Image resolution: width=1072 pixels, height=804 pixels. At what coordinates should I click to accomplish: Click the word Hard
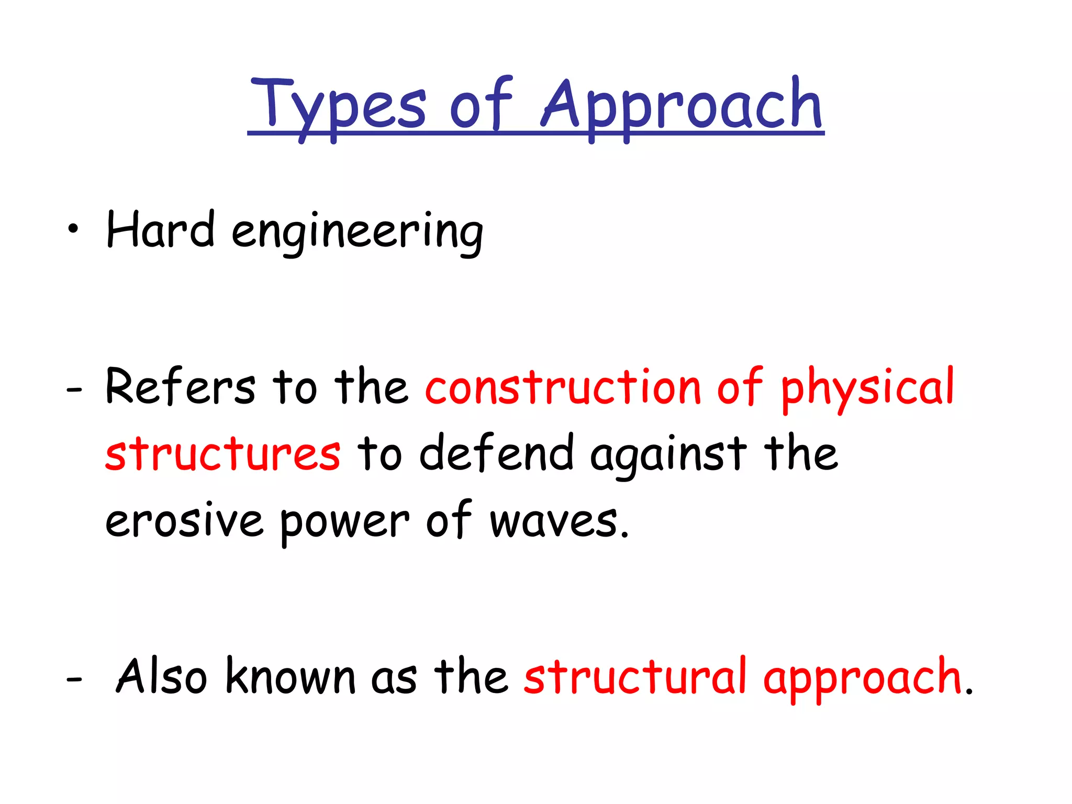click(160, 230)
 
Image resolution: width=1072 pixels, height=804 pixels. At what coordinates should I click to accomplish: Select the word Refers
click(180, 387)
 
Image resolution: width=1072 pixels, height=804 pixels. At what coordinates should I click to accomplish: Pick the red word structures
click(223, 454)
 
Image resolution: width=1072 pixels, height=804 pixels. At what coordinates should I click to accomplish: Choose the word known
click(291, 677)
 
